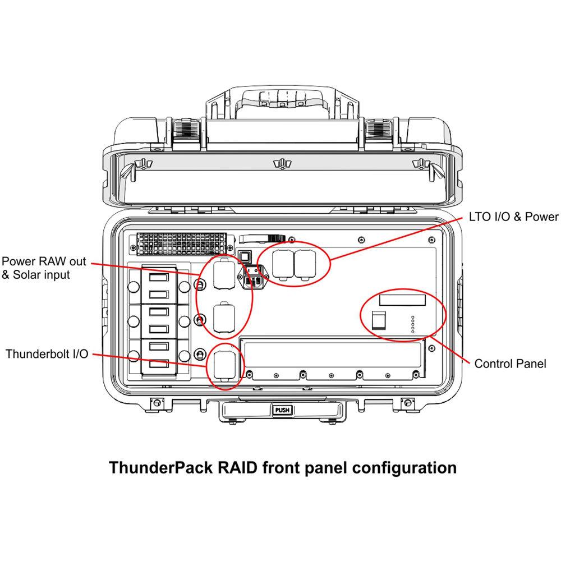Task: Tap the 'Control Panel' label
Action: [510, 364]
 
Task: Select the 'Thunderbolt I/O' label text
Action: [47, 354]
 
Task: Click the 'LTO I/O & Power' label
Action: [513, 217]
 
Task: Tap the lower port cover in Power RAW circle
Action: [224, 318]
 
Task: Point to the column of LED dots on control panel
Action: [412, 324]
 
